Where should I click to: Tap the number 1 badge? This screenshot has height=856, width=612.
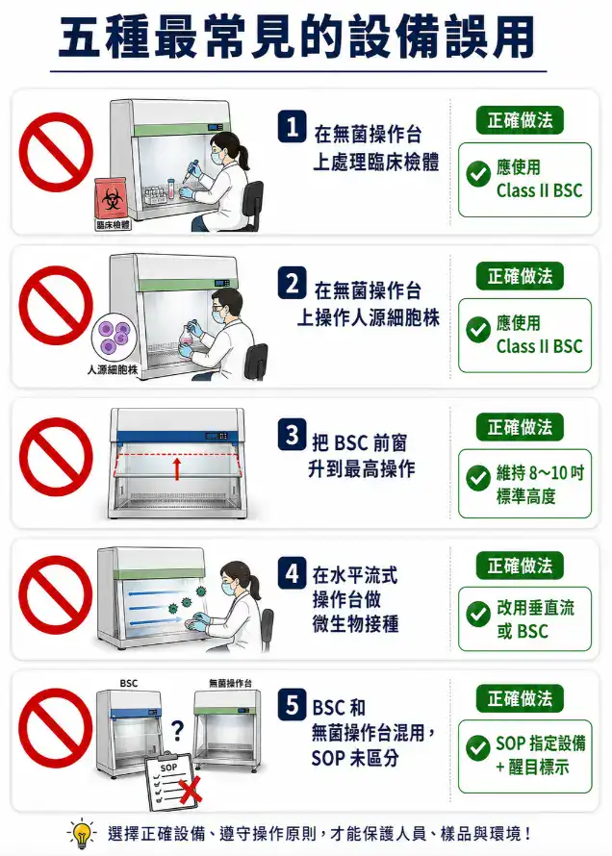(292, 127)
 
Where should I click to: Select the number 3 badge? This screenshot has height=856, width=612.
(292, 436)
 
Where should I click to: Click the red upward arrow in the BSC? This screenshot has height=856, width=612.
(176, 468)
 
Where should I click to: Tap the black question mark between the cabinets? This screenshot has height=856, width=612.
(177, 732)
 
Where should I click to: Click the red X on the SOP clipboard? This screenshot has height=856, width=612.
(191, 790)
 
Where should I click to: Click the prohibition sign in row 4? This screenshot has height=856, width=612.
(55, 595)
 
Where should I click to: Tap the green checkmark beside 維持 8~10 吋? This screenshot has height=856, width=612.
(478, 477)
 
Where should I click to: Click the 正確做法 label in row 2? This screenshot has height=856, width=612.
(520, 276)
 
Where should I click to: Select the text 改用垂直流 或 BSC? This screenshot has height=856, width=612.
(535, 619)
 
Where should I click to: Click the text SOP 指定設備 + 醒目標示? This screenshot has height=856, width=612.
(540, 755)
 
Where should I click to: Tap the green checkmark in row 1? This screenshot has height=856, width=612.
(478, 174)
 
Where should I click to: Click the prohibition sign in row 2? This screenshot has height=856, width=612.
(55, 310)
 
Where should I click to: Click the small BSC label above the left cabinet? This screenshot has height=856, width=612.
(128, 683)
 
